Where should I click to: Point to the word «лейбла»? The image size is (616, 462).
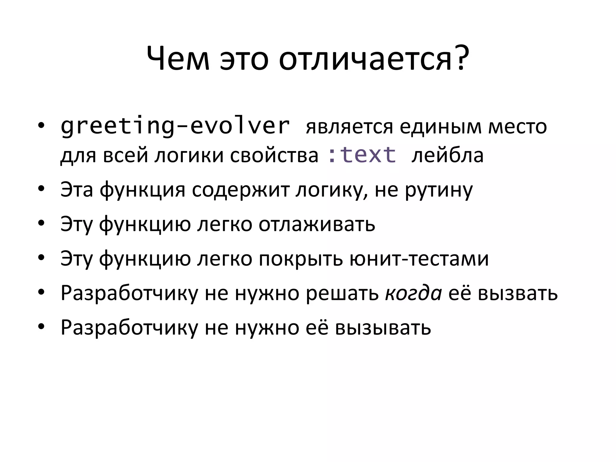pyautogui.click(x=448, y=155)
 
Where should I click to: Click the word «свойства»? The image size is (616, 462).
pyautogui.click(x=274, y=155)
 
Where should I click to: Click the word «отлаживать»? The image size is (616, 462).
pyautogui.click(x=317, y=224)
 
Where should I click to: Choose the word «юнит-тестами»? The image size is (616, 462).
pyautogui.click(x=419, y=258)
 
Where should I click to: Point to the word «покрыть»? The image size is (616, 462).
pyautogui.click(x=300, y=258)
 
